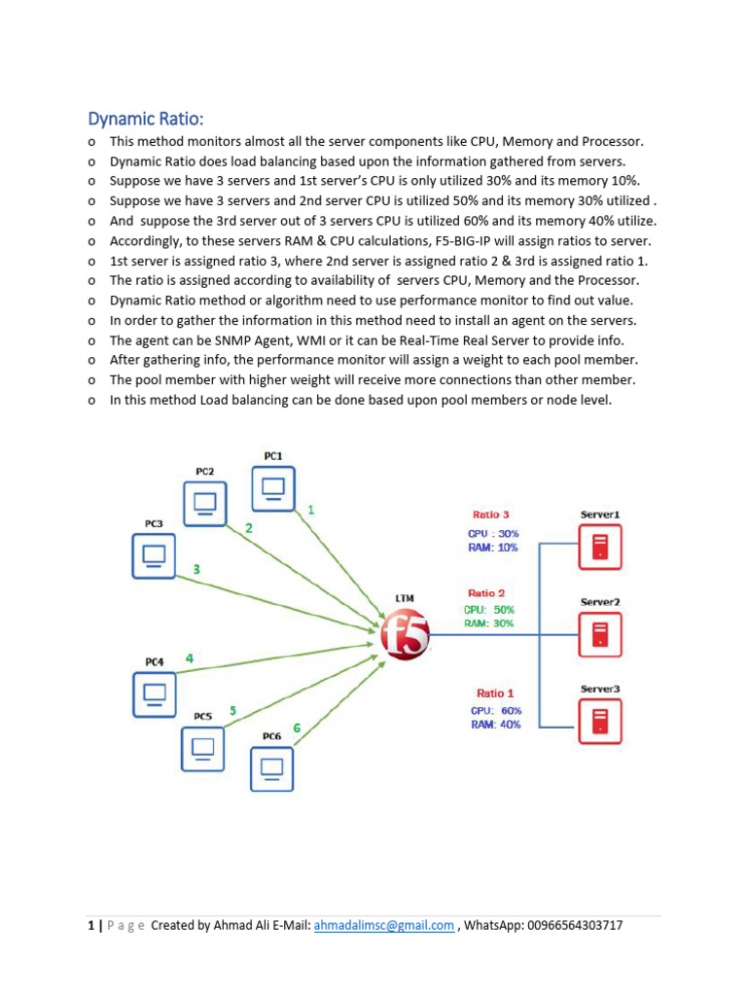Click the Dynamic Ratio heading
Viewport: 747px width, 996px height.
click(x=146, y=119)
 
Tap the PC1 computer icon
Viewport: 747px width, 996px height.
click(x=273, y=487)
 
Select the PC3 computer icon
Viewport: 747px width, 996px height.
click(x=154, y=555)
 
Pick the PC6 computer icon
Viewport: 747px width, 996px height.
click(x=271, y=767)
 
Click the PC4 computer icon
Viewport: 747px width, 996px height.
click(x=154, y=694)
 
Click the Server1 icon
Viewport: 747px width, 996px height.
click(x=600, y=546)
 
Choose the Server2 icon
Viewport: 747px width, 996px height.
click(x=600, y=634)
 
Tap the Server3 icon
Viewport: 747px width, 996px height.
click(x=600, y=721)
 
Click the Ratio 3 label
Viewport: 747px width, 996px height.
click(x=491, y=515)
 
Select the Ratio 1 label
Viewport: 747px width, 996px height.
click(x=495, y=694)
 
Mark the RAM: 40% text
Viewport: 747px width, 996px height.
click(x=496, y=725)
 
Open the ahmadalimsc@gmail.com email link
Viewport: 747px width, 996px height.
click(x=382, y=926)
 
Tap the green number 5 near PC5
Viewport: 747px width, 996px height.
click(x=232, y=710)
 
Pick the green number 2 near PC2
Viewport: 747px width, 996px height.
click(x=249, y=528)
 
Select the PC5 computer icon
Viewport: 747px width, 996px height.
click(x=202, y=748)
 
